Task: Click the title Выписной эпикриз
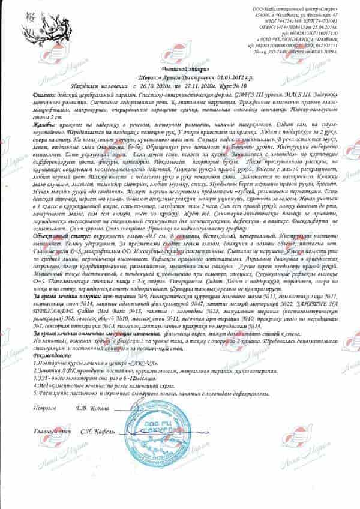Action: tap(179, 71)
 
